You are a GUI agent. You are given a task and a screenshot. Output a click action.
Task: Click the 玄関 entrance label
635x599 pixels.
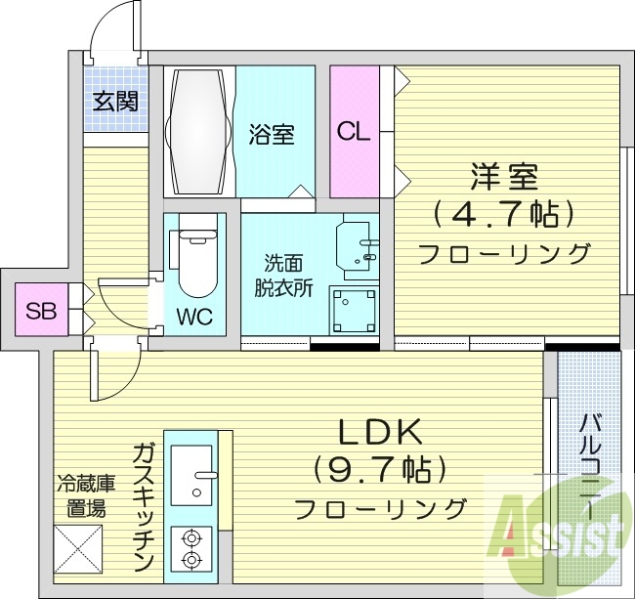click(115, 101)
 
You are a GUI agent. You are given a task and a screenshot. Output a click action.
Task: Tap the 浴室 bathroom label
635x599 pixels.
click(271, 134)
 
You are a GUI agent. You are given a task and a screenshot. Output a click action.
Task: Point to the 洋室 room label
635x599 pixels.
click(504, 178)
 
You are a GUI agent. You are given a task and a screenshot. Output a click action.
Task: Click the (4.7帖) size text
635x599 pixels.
click(504, 213)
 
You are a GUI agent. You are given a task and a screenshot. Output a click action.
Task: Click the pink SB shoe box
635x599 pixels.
click(41, 312)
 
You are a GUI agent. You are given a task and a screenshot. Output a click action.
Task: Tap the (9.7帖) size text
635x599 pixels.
click(380, 469)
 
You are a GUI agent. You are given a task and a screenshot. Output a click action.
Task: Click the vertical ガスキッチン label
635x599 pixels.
click(143, 506)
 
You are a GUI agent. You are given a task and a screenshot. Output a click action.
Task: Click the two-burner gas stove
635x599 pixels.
click(191, 550)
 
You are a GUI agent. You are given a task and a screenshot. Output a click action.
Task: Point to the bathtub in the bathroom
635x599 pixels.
click(201, 132)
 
